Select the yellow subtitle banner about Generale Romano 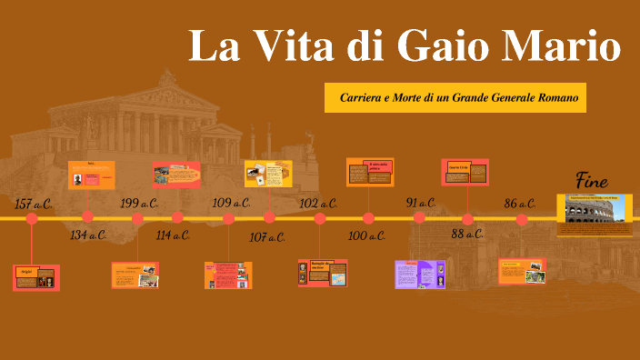pyautogui.click(x=455, y=96)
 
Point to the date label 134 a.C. pyautogui.click(x=89, y=235)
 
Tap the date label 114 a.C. pyautogui.click(x=173, y=235)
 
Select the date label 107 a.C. pyautogui.click(x=266, y=236)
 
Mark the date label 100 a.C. pyautogui.click(x=367, y=235)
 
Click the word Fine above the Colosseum pyautogui.click(x=592, y=179)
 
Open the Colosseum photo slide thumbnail pyautogui.click(x=595, y=211)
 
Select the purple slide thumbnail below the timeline pyautogui.click(x=419, y=274)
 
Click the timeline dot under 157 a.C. pyautogui.click(x=32, y=218)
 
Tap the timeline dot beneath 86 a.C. pyautogui.click(x=522, y=219)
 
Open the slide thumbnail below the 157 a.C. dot pyautogui.click(x=36, y=277)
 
